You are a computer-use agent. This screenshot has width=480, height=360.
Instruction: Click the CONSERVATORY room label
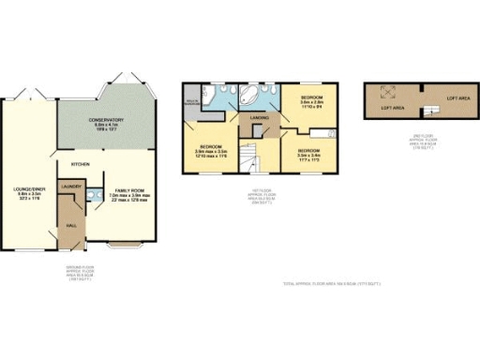tap(107, 120)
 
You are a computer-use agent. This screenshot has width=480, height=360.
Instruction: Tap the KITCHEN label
tap(81, 163)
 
